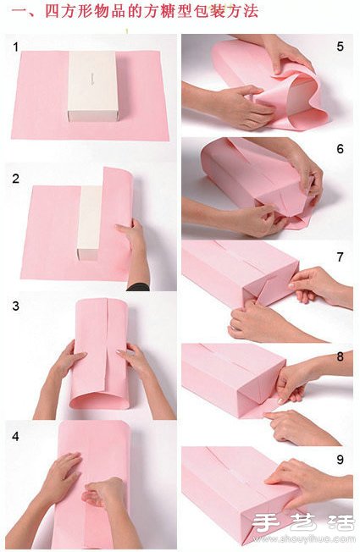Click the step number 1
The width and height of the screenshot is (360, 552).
15,47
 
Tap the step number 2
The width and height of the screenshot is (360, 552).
15,179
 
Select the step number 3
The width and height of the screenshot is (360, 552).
15,306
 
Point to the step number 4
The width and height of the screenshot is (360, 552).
15,437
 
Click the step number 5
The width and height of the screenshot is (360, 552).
340,47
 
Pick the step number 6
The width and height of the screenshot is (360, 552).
340,149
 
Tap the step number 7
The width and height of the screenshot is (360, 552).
340,257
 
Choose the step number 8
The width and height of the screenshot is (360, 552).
340,356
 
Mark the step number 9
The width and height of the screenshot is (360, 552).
340,459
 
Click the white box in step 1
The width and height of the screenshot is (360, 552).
93,86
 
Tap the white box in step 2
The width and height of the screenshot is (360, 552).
89,223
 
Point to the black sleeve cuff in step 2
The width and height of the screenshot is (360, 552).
138,287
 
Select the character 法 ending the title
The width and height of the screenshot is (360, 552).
250,11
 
